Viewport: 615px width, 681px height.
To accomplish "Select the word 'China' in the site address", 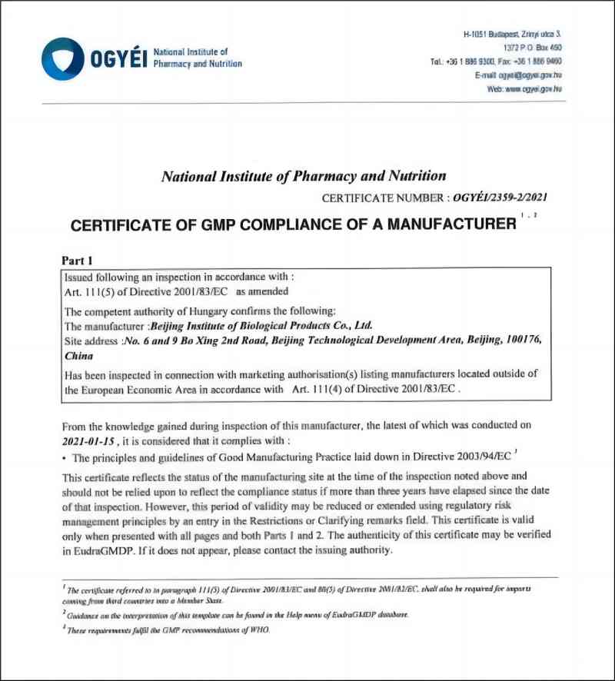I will [79, 356].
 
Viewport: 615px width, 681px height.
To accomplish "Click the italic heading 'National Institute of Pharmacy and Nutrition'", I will [304, 176].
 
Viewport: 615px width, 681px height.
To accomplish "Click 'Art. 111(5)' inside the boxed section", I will [91, 293].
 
